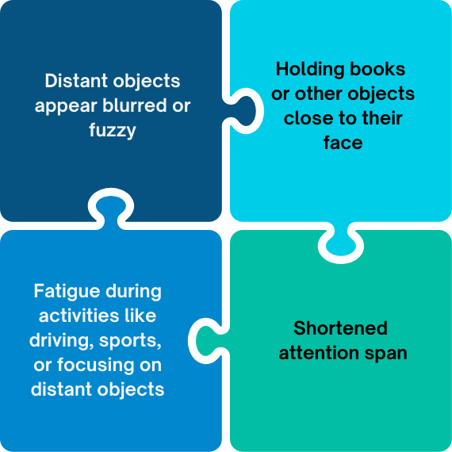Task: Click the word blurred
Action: (x=135, y=105)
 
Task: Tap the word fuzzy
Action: (x=113, y=130)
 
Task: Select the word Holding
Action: (x=310, y=70)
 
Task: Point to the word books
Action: (x=377, y=69)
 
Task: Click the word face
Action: (x=343, y=143)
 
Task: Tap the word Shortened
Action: (x=340, y=328)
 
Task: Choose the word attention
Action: (x=319, y=353)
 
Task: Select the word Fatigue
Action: (x=68, y=292)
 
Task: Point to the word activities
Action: (x=79, y=316)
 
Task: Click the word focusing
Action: (x=96, y=366)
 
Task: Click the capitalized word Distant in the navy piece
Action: (x=76, y=81)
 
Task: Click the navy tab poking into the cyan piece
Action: (x=245, y=111)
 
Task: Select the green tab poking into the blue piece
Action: (x=208, y=341)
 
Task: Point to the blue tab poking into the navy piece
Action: (x=111, y=209)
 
